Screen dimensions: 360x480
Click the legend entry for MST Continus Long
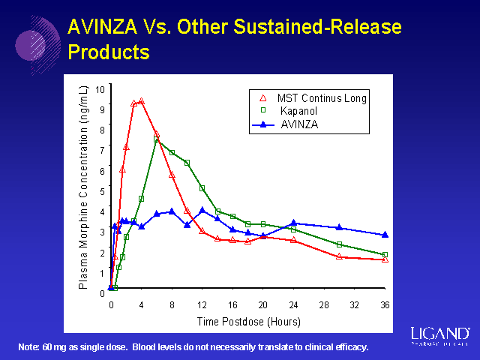322,98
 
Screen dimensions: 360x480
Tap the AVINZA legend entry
299,124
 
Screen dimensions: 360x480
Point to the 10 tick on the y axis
100,89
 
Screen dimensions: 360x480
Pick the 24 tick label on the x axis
293,306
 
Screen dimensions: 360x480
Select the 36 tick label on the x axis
385,306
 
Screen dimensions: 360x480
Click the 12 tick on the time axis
202,306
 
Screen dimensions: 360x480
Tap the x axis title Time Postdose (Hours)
248,322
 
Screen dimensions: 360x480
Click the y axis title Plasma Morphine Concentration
83,187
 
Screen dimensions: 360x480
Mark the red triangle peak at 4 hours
141,100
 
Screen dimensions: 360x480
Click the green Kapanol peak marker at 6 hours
157,139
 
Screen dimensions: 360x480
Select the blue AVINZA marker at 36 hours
385,235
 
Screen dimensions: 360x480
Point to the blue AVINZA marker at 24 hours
293,223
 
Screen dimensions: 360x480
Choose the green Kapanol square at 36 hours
385,255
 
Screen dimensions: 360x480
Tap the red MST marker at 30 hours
339,256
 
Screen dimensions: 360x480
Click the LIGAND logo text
441,332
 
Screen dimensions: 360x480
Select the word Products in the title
109,52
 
